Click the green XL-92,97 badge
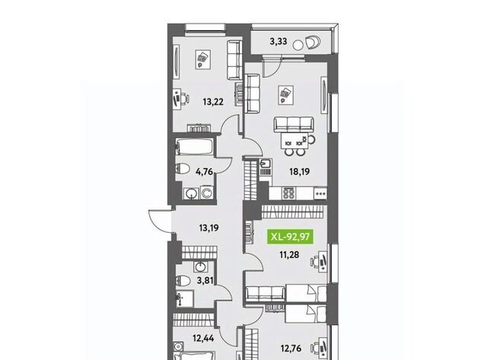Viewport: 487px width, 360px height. pyautogui.click(x=291, y=237)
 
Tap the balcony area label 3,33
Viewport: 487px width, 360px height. pyautogui.click(x=279, y=41)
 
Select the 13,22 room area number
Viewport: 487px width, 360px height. pyautogui.click(x=213, y=101)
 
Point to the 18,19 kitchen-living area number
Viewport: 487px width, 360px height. pyautogui.click(x=300, y=171)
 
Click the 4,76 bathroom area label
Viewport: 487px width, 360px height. pyautogui.click(x=205, y=171)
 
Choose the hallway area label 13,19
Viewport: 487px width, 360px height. pyautogui.click(x=208, y=228)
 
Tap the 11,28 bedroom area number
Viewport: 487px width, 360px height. pyautogui.click(x=289, y=255)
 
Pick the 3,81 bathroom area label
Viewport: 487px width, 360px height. pyautogui.click(x=205, y=281)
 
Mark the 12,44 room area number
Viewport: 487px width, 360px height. pyautogui.click(x=203, y=338)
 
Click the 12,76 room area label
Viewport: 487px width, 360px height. pyautogui.click(x=291, y=348)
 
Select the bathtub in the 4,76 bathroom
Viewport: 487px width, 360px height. pyautogui.click(x=195, y=146)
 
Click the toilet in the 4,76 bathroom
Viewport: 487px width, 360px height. pyautogui.click(x=183, y=169)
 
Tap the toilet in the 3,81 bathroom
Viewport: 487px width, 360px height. pyautogui.click(x=183, y=281)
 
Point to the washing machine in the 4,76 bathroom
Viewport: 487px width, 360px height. pyautogui.click(x=206, y=193)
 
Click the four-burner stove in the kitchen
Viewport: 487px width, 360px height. pyautogui.click(x=289, y=193)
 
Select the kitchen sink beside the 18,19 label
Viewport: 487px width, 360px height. pyautogui.click(x=266, y=163)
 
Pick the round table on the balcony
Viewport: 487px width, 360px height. pyautogui.click(x=298, y=45)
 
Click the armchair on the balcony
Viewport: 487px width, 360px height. pyautogui.click(x=314, y=43)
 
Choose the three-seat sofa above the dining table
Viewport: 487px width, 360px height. pyautogui.click(x=294, y=124)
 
